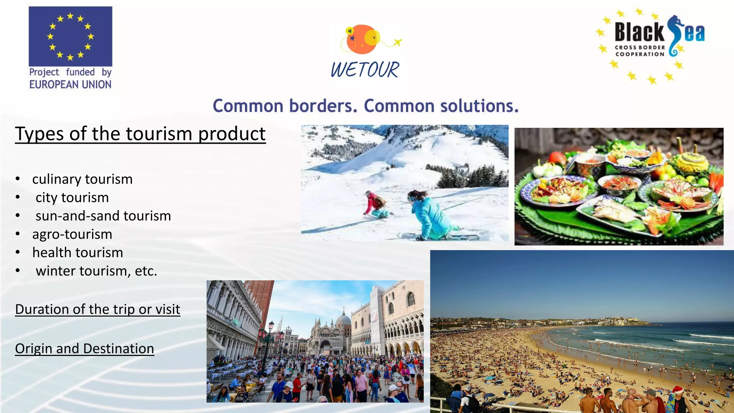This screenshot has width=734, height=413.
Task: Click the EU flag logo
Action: tap(70, 36)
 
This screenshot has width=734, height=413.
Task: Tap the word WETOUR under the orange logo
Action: tap(364, 70)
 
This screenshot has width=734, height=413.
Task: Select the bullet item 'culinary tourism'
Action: tap(82, 179)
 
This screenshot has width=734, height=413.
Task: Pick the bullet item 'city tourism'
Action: tap(72, 198)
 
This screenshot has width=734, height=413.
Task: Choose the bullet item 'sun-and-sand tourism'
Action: tap(103, 216)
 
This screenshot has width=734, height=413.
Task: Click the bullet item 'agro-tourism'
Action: tap(72, 234)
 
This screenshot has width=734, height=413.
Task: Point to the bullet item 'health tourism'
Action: tap(77, 252)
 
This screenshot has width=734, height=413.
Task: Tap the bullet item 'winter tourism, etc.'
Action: tap(96, 271)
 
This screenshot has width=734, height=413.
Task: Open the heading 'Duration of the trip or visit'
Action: tap(97, 309)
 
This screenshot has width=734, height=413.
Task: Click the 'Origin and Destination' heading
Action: tap(85, 348)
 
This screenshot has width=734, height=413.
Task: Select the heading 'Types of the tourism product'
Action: tap(140, 134)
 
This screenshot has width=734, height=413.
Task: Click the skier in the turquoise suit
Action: tap(428, 215)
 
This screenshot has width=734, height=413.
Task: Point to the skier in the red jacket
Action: tap(375, 204)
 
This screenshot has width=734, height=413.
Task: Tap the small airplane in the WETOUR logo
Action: tap(397, 43)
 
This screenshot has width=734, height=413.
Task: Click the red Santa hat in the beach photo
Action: tap(678, 390)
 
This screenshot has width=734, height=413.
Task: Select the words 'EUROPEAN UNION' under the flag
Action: tap(70, 85)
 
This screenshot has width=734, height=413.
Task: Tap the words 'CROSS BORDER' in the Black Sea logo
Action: tap(640, 47)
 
